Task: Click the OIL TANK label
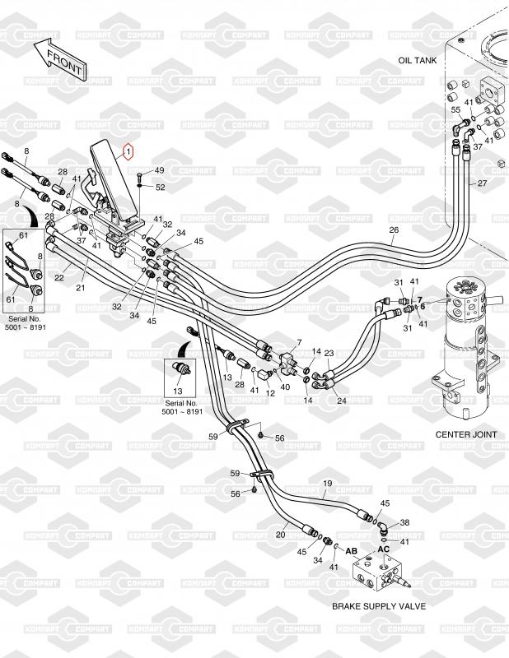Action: [416, 61]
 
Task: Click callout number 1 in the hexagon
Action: [128, 151]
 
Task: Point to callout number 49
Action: [159, 170]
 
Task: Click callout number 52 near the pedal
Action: [160, 187]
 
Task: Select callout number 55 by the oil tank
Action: [455, 109]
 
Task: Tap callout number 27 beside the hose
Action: [483, 183]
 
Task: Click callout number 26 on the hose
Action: [394, 229]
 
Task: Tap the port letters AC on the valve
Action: [383, 547]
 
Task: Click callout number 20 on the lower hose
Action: [280, 535]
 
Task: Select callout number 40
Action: [286, 386]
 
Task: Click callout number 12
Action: [269, 393]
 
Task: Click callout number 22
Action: [59, 277]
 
